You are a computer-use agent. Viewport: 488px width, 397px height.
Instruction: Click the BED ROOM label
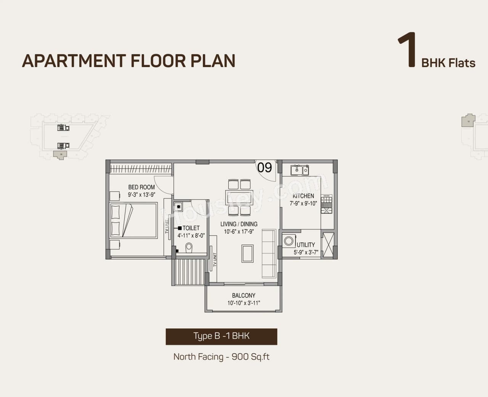tap(141, 187)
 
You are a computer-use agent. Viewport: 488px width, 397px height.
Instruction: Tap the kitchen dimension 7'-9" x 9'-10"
tap(303, 203)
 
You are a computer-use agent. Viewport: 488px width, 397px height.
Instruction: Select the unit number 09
tap(264, 167)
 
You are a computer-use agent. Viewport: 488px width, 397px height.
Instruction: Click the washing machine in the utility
tap(289, 241)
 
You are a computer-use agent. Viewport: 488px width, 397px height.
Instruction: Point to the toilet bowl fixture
tap(189, 248)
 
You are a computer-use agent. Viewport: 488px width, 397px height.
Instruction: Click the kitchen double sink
tap(300, 170)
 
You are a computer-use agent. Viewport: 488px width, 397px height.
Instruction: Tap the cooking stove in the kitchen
tap(326, 204)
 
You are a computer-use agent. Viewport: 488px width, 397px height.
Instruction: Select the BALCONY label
tap(244, 295)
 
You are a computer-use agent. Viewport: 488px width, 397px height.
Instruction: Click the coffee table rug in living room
tap(247, 254)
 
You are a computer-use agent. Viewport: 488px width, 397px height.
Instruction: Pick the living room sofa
tap(269, 253)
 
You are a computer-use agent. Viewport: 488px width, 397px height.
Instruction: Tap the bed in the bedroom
tap(133, 221)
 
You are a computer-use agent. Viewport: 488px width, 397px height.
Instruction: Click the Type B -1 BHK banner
tap(221, 336)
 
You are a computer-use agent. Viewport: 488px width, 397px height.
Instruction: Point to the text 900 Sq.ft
tap(250, 357)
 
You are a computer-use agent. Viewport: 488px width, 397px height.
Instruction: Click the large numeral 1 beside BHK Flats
tap(406, 50)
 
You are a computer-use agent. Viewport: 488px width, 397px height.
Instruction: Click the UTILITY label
tap(306, 245)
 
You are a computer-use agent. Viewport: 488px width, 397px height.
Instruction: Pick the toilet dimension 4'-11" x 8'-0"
tap(191, 235)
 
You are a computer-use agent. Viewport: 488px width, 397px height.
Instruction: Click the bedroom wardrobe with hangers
tap(140, 168)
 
